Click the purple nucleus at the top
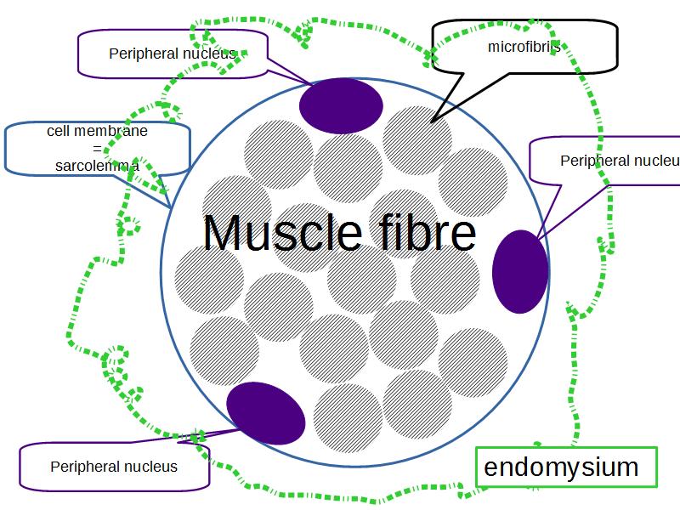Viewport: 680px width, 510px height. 342,105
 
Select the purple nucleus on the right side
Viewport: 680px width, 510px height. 520,271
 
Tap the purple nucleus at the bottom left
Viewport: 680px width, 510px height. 266,412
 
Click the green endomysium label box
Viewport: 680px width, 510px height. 566,467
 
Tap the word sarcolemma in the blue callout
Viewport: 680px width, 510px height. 97,166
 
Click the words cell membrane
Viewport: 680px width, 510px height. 97,132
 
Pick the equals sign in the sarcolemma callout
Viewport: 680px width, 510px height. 97,149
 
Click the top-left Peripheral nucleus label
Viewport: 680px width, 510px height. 173,54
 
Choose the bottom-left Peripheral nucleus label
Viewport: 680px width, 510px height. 114,467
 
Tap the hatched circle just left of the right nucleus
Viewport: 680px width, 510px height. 445,279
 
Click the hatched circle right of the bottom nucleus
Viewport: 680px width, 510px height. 347,418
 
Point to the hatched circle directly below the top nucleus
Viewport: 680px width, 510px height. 347,168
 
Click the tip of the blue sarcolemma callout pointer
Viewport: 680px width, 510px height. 171,207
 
